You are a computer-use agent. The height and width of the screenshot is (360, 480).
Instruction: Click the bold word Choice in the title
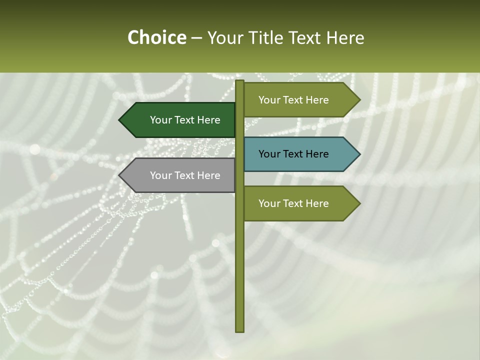click(x=156, y=37)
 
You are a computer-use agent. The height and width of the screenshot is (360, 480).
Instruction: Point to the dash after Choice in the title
click(x=196, y=38)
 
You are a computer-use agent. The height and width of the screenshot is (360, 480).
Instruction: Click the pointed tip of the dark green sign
click(x=120, y=120)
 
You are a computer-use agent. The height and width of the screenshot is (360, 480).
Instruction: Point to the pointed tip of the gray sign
click(x=120, y=175)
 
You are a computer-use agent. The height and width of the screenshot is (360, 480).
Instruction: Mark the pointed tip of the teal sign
click(x=359, y=154)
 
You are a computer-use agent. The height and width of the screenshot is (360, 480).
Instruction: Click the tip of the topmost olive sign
click(x=359, y=100)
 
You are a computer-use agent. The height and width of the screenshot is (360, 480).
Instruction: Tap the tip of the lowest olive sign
click(x=359, y=203)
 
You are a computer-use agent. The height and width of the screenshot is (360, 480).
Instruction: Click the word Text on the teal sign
click(x=293, y=154)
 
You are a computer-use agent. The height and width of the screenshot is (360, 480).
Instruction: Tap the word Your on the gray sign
click(x=160, y=175)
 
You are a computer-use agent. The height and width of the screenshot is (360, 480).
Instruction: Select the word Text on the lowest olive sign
click(x=293, y=203)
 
